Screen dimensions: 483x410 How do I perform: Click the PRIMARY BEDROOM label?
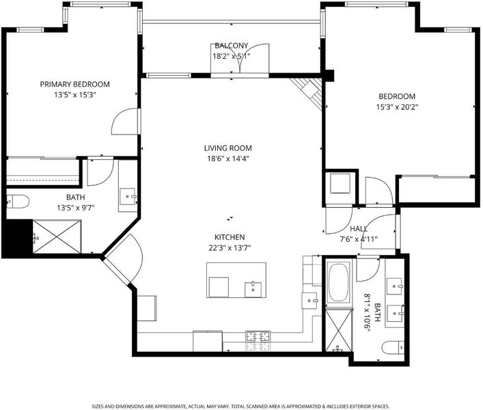75,84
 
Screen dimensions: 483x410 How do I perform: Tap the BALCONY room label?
232,46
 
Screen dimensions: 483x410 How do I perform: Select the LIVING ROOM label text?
228,148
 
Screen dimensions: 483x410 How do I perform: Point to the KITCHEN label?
230,237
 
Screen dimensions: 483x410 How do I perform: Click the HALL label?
359,228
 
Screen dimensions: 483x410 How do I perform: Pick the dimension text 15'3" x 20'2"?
397,107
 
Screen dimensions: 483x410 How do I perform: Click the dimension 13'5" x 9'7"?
75,208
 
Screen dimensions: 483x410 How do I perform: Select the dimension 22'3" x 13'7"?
230,248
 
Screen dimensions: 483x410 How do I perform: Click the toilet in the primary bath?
18,202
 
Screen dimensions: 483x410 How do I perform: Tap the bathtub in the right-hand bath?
338,282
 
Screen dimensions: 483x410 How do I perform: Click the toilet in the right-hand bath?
393,348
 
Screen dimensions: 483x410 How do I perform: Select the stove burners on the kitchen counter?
258,341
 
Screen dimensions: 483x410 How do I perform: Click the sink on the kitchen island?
253,290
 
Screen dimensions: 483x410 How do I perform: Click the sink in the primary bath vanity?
128,197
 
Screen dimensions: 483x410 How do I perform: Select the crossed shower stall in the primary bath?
57,236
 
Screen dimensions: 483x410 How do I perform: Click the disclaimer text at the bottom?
240,407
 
